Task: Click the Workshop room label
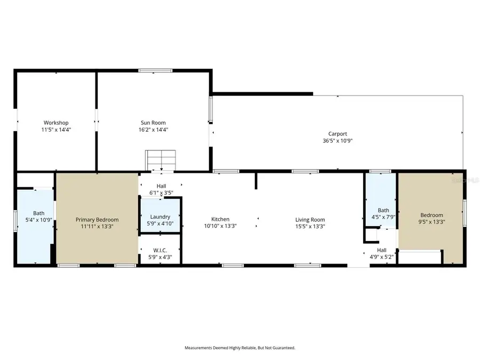coord(56,123)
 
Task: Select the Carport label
coord(338,134)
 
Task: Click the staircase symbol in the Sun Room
coord(161,159)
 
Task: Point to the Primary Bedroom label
coord(97,220)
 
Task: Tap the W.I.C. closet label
coord(160,250)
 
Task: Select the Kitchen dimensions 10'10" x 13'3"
coord(220,226)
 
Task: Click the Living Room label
coord(310,220)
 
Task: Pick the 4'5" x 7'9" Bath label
coord(383,210)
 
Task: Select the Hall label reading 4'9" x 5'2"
coord(381,250)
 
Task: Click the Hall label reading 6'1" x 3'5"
coord(161,186)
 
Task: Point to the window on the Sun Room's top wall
coord(155,70)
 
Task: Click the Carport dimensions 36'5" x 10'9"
coord(338,141)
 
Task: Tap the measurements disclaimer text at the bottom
coord(240,348)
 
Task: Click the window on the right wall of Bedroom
coord(465,212)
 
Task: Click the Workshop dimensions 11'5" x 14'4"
coord(56,130)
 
